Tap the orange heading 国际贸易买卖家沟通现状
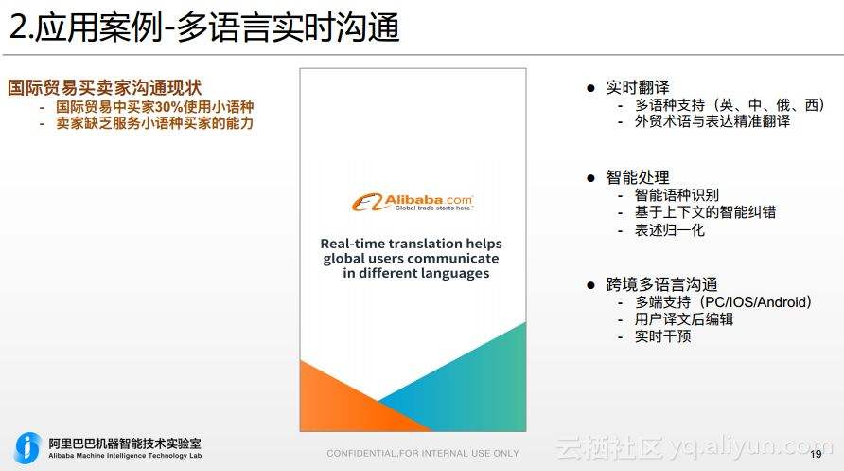(x=105, y=88)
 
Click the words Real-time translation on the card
(x=378, y=243)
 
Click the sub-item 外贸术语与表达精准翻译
(x=712, y=121)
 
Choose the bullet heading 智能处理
(x=637, y=177)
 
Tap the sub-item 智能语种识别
(x=677, y=195)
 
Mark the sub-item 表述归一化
(x=670, y=230)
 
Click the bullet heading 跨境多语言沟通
(x=661, y=284)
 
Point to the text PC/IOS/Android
(x=752, y=302)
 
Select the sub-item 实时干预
(x=662, y=336)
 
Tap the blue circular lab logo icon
(x=28, y=447)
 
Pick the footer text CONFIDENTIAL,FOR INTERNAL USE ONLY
(x=423, y=454)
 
